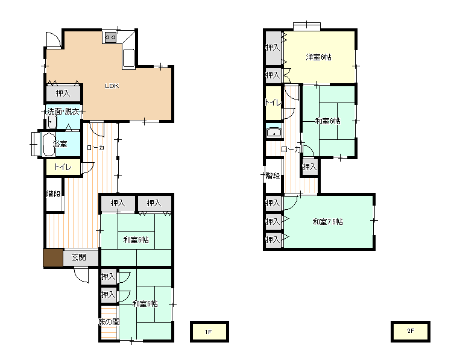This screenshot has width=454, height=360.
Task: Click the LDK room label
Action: coord(112,86)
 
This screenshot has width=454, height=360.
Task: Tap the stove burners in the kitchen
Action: coord(110,37)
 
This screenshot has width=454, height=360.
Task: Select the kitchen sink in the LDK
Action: coord(129,58)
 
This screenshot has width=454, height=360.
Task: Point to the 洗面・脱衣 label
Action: coord(63,112)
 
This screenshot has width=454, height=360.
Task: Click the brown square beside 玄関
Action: coord(53,257)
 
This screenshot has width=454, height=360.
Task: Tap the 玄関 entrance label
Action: coord(79,257)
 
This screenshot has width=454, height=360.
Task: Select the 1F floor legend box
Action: coord(209,332)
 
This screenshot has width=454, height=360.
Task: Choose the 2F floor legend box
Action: coord(410,331)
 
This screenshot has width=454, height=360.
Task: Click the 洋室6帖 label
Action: coord(318,57)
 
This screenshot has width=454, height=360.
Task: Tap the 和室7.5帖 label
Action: coord(328,222)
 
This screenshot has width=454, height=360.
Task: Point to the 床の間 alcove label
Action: coord(109,322)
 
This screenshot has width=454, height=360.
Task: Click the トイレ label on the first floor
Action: coord(63,167)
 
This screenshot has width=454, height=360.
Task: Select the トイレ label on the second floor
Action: coord(273,103)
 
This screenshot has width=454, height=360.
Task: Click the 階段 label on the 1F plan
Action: coord(53,194)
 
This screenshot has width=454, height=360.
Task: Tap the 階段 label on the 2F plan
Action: coord(273,175)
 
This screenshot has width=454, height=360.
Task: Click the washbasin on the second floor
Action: coord(274,132)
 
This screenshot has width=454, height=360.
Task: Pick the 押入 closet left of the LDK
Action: coord(63,93)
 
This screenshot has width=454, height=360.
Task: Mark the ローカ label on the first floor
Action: coord(95,148)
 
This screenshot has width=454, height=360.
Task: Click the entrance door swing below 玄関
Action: coord(81,275)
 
